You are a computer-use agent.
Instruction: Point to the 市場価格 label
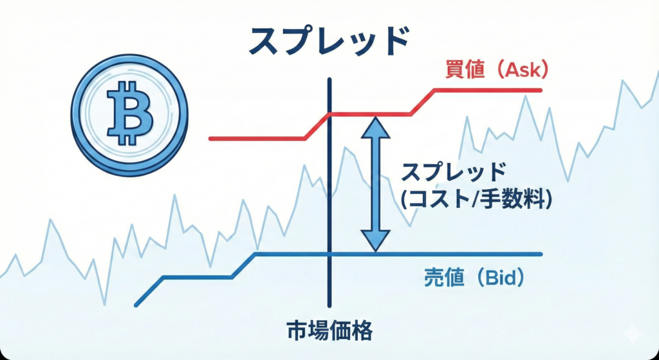[330, 332]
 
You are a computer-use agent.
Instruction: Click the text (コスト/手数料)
[476, 200]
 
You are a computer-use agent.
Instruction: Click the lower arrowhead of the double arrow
[375, 242]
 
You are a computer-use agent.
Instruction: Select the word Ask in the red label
[523, 71]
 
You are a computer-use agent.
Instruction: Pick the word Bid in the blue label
[501, 278]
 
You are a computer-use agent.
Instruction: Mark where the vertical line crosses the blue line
[329, 254]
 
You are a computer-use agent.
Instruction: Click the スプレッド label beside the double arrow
[452, 173]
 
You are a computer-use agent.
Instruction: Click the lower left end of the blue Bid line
[136, 305]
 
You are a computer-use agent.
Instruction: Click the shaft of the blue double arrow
[375, 184]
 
